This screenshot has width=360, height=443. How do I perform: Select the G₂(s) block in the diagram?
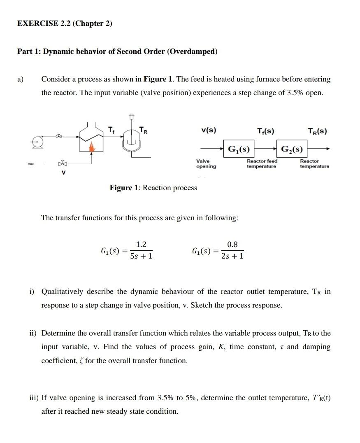[292, 149]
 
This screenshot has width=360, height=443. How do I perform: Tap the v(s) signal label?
[209, 131]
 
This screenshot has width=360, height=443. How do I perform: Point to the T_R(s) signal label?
[317, 131]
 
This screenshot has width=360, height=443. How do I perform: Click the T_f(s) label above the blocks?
[265, 131]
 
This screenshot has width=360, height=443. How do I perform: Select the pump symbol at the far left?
[37, 142]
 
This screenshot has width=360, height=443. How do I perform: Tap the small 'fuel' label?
[31, 163]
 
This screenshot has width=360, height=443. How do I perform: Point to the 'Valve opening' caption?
[206, 164]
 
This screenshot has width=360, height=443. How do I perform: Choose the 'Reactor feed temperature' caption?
[262, 164]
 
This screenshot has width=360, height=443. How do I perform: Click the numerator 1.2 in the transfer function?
[141, 245]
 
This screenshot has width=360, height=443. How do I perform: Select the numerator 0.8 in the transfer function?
[232, 245]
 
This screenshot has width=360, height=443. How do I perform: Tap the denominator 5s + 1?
[141, 256]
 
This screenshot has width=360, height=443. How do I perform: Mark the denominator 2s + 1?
[232, 256]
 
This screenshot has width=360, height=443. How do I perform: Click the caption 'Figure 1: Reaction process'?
[153, 188]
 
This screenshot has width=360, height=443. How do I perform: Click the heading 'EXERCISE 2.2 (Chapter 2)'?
[65, 23]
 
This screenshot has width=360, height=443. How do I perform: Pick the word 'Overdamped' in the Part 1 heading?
[193, 51]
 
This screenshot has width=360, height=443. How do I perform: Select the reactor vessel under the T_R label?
[132, 142]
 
